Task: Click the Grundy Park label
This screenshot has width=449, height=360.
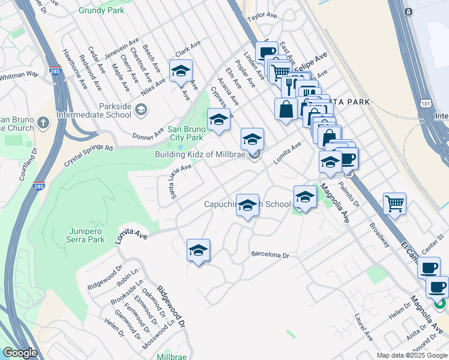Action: tap(102, 10)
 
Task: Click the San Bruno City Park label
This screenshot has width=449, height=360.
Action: tap(187, 133)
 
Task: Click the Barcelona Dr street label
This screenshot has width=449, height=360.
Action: tap(270, 255)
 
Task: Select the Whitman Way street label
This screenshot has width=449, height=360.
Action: tap(19, 75)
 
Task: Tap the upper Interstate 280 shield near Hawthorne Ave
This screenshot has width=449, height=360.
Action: tap(55, 71)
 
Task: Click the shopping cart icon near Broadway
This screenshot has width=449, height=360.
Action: tap(394, 203)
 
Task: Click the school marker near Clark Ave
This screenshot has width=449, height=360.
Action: tap(180, 71)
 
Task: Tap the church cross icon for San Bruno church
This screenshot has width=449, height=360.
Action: tap(42, 123)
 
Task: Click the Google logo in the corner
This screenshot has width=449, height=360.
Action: tap(20, 353)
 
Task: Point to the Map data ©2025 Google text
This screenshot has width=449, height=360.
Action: tap(412, 355)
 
